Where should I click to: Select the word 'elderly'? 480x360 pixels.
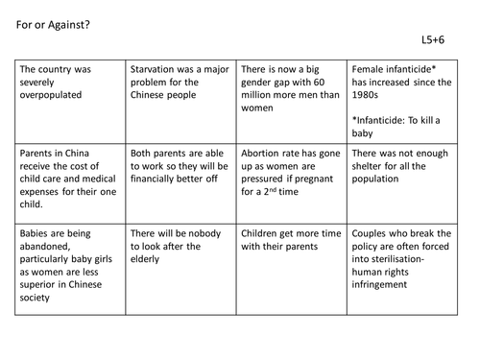[x=151, y=258]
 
